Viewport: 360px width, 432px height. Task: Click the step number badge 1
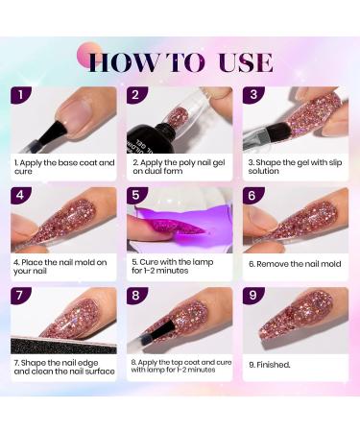point(21,95)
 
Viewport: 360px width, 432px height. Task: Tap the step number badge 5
point(136,195)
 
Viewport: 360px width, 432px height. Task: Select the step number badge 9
point(252,295)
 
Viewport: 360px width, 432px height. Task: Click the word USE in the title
point(246,62)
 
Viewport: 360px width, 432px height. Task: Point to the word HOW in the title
point(123,62)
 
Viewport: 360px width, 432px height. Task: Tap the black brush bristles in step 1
point(54,132)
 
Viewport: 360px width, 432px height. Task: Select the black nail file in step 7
point(63,345)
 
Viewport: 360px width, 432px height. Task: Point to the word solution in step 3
point(263,171)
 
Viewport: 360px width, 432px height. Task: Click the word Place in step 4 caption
point(32,262)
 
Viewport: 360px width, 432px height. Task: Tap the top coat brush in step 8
point(157,333)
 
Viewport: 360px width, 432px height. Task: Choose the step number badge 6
point(252,195)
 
